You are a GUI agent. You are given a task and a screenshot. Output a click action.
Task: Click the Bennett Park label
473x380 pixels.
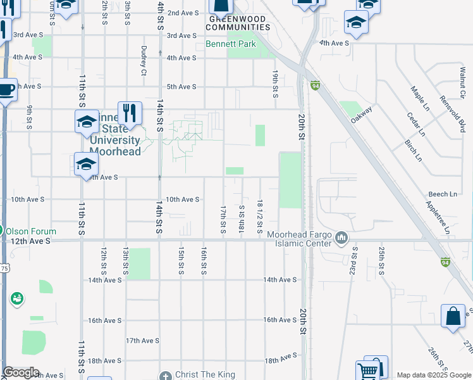(231, 44)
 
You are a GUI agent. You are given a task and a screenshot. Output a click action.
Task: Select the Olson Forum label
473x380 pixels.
(32, 232)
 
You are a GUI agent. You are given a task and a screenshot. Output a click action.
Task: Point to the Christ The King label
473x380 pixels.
(205, 375)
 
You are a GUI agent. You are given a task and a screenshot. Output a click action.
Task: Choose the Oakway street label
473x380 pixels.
(362, 115)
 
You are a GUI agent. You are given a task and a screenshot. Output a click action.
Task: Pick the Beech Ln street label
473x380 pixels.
(443, 194)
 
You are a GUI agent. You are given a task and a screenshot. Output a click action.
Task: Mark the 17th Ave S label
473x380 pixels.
(142, 341)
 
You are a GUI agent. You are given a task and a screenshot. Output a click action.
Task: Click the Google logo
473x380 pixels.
(21, 372)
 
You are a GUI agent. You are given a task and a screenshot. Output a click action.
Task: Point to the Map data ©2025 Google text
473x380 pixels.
(433, 375)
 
